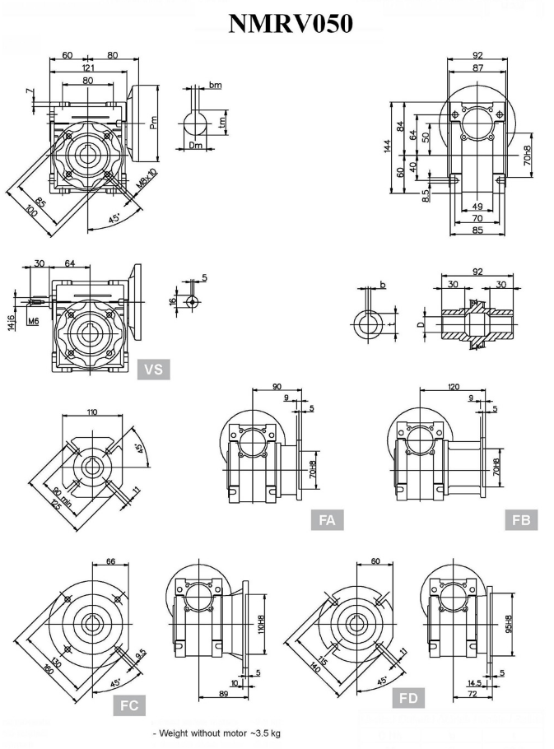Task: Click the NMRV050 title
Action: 291,24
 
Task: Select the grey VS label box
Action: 153,370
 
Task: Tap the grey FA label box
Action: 327,519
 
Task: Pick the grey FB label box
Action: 521,519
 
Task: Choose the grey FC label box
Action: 130,705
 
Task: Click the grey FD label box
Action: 408,699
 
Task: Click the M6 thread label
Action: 33,321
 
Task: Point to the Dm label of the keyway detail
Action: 195,146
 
